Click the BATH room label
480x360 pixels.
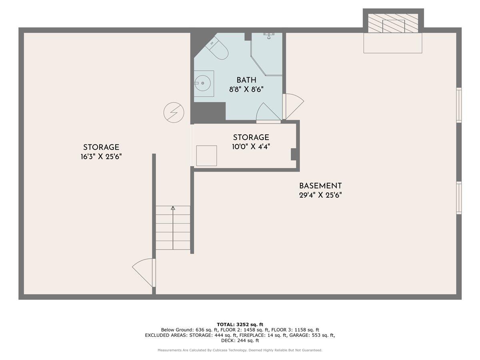point(246,80)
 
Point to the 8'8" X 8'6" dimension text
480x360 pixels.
point(246,90)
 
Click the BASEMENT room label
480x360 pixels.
point(320,186)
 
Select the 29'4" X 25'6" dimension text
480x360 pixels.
point(320,196)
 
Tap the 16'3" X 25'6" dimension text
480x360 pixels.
point(101,157)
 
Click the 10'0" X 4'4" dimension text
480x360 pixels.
point(251,147)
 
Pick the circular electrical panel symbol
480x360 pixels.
point(174,112)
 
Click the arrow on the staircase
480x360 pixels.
point(173,208)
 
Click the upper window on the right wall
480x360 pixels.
point(459,105)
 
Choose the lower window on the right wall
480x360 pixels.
point(459,198)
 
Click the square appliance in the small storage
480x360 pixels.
point(206,156)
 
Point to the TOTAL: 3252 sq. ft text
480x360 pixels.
point(240,324)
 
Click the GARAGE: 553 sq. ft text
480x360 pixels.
point(316,335)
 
